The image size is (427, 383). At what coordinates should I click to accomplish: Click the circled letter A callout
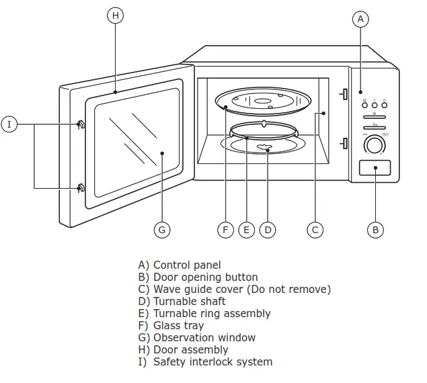click(x=360, y=19)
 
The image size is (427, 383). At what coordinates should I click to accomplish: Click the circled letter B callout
click(x=376, y=230)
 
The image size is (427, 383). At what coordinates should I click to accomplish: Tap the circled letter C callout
click(x=315, y=230)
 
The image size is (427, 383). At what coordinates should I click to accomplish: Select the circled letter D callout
click(x=268, y=230)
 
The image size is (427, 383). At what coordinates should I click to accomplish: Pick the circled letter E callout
click(x=246, y=230)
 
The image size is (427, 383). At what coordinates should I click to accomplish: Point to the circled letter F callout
click(x=226, y=230)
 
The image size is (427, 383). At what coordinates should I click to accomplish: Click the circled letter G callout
click(x=161, y=230)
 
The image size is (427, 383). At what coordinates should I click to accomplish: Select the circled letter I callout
click(x=9, y=124)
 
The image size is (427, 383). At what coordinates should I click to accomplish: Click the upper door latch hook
click(x=81, y=124)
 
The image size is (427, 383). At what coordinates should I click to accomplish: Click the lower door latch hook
click(x=81, y=187)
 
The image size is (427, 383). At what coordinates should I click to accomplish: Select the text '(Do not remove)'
click(x=289, y=289)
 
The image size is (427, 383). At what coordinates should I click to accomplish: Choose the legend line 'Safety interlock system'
click(x=212, y=361)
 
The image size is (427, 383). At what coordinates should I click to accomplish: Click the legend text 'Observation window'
click(x=204, y=337)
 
